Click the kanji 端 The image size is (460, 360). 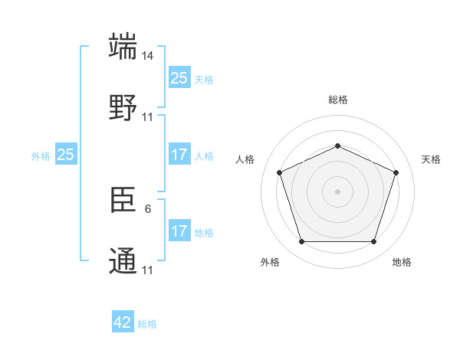click(123, 47)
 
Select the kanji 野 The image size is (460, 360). click(123, 108)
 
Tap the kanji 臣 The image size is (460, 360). click(123, 201)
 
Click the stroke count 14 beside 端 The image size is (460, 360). click(148, 56)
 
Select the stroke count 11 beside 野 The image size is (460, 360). click(148, 117)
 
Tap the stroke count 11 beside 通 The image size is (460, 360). click(148, 270)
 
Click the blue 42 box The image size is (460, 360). click(123, 322)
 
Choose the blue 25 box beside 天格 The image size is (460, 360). click(179, 78)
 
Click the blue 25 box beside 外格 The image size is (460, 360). click(66, 155)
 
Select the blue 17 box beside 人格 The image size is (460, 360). click(179, 155)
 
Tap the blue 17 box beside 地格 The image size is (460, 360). click(179, 231)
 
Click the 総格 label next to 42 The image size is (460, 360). click(147, 324)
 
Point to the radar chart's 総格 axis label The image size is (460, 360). click(337, 100)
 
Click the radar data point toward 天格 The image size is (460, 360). click(396, 172)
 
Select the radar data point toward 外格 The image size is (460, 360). click(301, 242)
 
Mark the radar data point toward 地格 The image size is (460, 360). click(373, 242)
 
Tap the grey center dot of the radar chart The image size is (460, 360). click(337, 191)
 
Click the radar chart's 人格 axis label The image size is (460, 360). click(246, 159)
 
